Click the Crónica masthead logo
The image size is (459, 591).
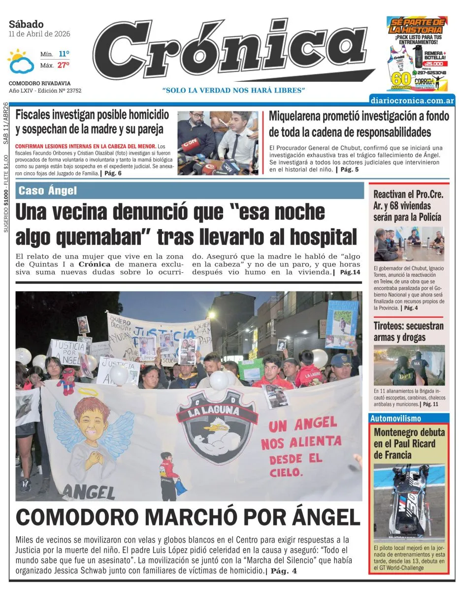click(x=229, y=49)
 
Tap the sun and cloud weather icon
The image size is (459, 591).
click(x=20, y=62)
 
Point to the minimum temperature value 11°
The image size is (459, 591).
click(x=64, y=54)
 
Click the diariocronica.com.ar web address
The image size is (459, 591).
click(x=412, y=100)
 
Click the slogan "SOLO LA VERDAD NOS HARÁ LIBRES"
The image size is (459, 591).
click(x=234, y=90)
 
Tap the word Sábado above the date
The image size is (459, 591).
click(x=26, y=24)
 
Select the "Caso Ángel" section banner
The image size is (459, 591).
click(x=48, y=191)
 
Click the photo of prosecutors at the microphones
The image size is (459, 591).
click(x=218, y=143)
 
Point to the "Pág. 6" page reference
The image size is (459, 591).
click(x=112, y=173)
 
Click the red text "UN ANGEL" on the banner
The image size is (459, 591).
click(x=302, y=424)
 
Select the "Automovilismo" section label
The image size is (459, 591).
click(x=396, y=418)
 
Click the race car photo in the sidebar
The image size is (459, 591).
click(x=409, y=502)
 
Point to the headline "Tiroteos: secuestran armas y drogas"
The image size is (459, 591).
click(x=408, y=331)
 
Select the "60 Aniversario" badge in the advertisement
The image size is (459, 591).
click(x=401, y=80)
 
